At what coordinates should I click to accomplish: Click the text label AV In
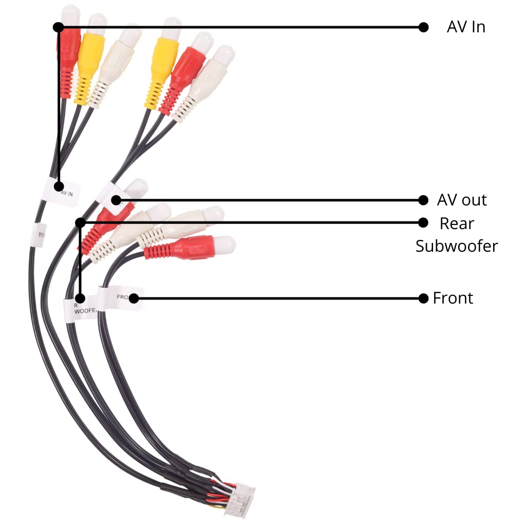pyautogui.click(x=466, y=27)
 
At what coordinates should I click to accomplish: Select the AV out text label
pyautogui.click(x=462, y=200)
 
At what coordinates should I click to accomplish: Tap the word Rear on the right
pyautogui.click(x=457, y=223)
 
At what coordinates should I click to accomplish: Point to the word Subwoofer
pyautogui.click(x=457, y=246)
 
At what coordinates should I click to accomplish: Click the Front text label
pyautogui.click(x=453, y=298)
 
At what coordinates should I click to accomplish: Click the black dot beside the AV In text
pyautogui.click(x=423, y=27)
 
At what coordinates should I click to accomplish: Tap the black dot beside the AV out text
pyautogui.click(x=423, y=200)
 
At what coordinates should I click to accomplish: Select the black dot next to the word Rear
pyautogui.click(x=423, y=222)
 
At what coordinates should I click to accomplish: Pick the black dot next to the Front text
pyautogui.click(x=423, y=298)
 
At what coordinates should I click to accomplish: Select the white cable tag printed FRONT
pyautogui.click(x=121, y=298)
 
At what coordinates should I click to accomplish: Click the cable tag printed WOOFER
pyautogui.click(x=80, y=307)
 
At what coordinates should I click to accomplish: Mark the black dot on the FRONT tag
pyautogui.click(x=134, y=298)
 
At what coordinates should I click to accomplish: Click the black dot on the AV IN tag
pyautogui.click(x=60, y=185)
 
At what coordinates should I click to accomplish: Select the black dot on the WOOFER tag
pyautogui.click(x=80, y=298)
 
